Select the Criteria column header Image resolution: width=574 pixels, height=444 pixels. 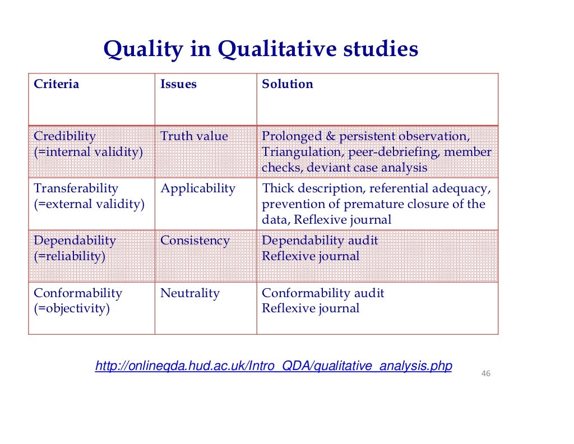point(57,85)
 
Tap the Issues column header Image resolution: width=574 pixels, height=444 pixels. point(178,85)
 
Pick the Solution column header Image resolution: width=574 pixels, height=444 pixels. point(288,85)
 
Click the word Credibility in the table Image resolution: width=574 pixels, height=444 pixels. point(64,136)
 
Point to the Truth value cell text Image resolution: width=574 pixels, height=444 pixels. point(194,136)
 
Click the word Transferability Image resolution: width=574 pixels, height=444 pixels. point(76,188)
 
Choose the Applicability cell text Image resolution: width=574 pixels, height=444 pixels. point(198,188)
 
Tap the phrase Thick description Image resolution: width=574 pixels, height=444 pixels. point(307,188)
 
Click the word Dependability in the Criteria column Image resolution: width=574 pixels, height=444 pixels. point(75,241)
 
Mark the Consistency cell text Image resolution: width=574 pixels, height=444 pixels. point(195,241)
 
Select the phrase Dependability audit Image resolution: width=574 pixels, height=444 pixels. point(320,241)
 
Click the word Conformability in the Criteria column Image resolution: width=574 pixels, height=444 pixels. point(77,293)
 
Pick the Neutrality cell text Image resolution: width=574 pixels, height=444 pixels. point(189,293)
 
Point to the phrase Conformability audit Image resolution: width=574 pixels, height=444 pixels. point(323,293)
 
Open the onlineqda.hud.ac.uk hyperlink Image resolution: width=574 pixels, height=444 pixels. point(274,367)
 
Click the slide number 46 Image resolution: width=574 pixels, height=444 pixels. point(486,373)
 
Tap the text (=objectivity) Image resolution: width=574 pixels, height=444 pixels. point(72,309)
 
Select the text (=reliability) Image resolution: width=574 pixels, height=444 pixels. point(70,257)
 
